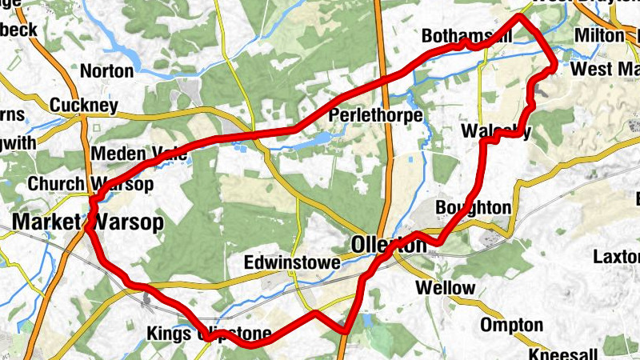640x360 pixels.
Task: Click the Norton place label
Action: (107, 71)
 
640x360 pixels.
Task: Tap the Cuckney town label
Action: (83, 106)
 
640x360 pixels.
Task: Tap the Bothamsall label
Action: (466, 37)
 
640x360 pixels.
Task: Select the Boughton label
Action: (473, 208)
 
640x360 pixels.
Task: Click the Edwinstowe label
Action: (294, 263)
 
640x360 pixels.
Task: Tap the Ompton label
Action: (512, 326)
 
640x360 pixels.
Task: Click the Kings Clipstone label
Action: (214, 334)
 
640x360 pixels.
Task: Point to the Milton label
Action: (598, 37)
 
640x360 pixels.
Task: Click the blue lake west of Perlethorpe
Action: (316, 141)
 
